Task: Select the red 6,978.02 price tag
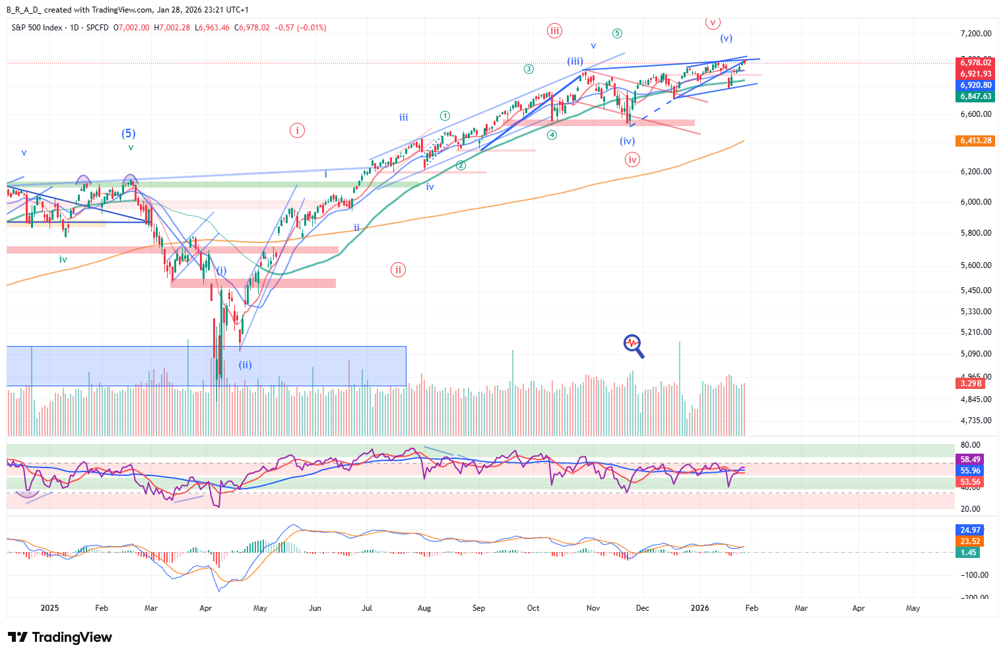[x=975, y=63]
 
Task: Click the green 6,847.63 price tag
[x=975, y=96]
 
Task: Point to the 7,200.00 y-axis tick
[x=975, y=34]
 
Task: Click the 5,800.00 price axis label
[x=975, y=233]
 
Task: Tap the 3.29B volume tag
[x=971, y=384]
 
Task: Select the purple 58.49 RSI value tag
[x=969, y=460]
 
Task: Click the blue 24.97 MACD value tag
[x=969, y=530]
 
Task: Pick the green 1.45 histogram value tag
[x=968, y=553]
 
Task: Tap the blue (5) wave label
[x=129, y=133]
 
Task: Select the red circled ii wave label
[x=398, y=269]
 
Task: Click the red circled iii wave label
[x=554, y=30]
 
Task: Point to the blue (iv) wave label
[x=627, y=141]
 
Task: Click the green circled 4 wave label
[x=552, y=135]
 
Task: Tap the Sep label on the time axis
[x=478, y=608]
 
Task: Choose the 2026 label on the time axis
[x=700, y=608]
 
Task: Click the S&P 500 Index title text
[x=37, y=28]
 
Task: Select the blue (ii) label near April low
[x=245, y=364]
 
